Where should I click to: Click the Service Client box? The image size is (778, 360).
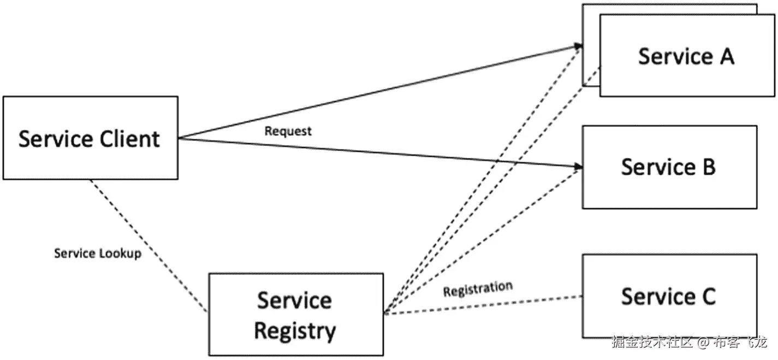pos(90,138)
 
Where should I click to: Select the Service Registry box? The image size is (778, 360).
pos(295,315)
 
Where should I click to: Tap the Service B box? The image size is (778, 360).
pos(669,167)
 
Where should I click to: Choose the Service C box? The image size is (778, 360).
pos(669,296)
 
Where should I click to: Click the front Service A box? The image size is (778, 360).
pos(686,56)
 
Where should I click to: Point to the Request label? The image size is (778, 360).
pos(288,131)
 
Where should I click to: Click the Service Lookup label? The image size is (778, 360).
pos(98,253)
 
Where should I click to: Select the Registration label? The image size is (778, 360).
pos(478,289)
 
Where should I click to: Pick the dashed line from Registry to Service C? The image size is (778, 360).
pos(480,305)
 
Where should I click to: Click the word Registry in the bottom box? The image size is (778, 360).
pos(295,331)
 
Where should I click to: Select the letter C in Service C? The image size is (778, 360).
pos(708,296)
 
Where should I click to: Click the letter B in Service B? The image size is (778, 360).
pos(708,167)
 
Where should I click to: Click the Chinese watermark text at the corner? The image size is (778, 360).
pos(652,343)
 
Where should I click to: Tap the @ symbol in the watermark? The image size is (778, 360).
pos(704,343)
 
